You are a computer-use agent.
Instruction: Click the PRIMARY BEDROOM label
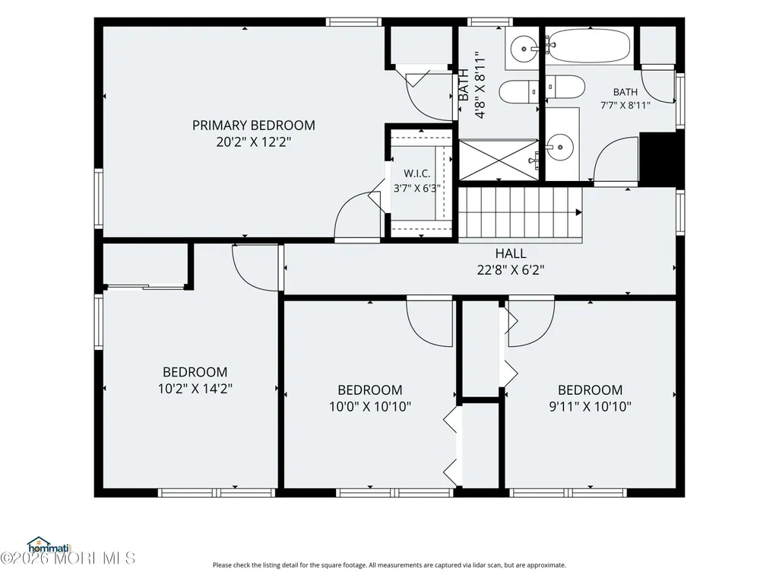253,125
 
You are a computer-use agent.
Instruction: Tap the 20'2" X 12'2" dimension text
253,141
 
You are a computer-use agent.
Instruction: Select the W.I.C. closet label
416,173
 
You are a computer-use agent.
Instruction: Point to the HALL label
510,253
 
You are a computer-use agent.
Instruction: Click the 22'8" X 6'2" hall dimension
510,270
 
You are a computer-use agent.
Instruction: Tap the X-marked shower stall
499,160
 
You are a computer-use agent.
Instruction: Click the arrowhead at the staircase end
579,212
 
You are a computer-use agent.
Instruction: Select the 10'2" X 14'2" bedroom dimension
195,389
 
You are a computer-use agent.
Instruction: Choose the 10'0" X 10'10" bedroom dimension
369,406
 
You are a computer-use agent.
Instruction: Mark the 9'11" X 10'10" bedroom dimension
590,406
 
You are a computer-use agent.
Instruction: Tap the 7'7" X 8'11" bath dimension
625,105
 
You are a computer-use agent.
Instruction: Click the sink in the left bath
524,49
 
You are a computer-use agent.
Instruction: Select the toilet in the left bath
518,92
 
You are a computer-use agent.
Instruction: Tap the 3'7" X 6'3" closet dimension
416,188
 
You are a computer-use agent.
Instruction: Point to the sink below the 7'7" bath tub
560,148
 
